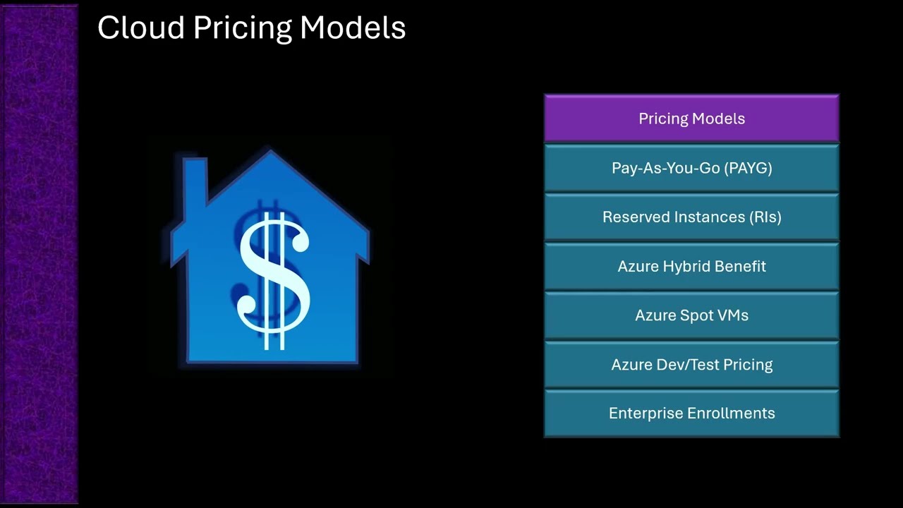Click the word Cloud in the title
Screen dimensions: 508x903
click(x=141, y=28)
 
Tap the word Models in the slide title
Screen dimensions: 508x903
click(x=353, y=28)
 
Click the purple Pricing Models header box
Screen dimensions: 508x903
click(x=691, y=119)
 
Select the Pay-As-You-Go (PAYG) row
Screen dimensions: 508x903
click(x=691, y=168)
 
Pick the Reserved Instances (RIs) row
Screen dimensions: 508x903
click(x=691, y=217)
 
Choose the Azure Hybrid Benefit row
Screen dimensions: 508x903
click(x=691, y=267)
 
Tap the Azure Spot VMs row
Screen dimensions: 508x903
click(x=691, y=315)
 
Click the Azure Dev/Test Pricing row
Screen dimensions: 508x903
click(x=691, y=365)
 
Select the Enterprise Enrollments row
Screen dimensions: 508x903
click(x=691, y=413)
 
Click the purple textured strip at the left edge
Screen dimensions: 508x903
click(x=39, y=254)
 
